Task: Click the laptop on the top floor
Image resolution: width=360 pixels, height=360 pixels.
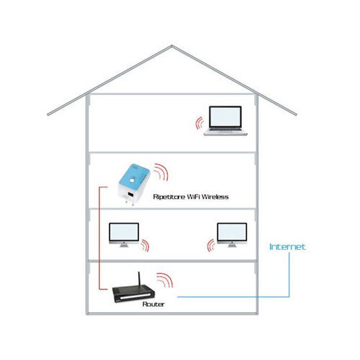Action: (x=225, y=121)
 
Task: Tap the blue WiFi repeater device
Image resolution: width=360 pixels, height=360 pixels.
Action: (x=134, y=184)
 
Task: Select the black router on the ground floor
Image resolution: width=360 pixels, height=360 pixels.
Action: (x=134, y=293)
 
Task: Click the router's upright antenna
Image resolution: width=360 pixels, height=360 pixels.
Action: (x=139, y=279)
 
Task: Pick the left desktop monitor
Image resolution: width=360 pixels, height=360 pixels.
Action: (x=124, y=235)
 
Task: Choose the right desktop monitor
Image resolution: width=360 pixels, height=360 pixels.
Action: (x=232, y=235)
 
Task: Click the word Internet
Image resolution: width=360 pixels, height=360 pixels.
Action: (x=287, y=247)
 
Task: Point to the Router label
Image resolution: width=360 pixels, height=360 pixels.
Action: (x=153, y=305)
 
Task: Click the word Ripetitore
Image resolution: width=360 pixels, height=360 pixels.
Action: (x=169, y=197)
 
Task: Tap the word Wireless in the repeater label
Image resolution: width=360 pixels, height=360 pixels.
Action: (x=215, y=197)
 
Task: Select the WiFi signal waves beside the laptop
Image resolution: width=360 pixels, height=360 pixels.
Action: (x=199, y=123)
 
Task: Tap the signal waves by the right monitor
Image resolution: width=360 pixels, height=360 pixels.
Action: (x=210, y=246)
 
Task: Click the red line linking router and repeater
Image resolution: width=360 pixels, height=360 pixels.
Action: (x=99, y=238)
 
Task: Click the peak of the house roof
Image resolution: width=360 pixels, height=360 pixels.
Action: (x=171, y=45)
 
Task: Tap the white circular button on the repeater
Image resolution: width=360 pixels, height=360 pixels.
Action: (x=132, y=180)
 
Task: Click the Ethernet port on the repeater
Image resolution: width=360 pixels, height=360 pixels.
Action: (x=130, y=194)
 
